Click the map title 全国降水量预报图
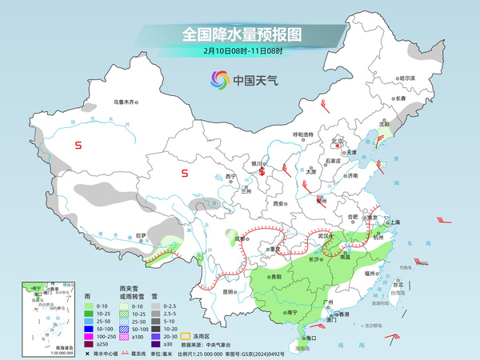241,35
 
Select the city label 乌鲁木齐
126,102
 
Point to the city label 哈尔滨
407,78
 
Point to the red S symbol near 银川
262,159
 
